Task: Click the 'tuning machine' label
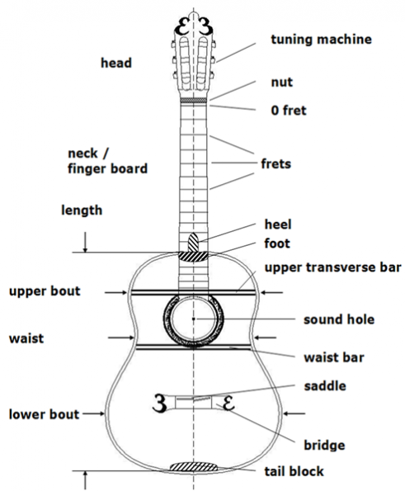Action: pos(321,40)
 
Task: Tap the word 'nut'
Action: pos(281,82)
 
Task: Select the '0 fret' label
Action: pos(288,111)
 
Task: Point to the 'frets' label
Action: pos(275,163)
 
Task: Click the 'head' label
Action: pos(116,63)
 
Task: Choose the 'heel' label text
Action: pos(278,224)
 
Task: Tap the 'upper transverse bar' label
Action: pos(332,267)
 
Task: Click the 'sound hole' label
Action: pos(339,319)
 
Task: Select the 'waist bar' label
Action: pos(334,357)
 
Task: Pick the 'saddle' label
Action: pos(325,386)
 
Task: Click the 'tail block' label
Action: pos(294,471)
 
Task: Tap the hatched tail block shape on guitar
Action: pos(193,467)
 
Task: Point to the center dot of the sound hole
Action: pos(193,319)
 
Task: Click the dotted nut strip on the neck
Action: pos(193,100)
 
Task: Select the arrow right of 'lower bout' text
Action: pos(93,413)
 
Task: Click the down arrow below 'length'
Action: pos(86,243)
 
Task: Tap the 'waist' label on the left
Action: pos(26,338)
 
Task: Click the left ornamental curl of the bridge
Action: pos(159,404)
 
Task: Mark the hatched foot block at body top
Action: pos(193,256)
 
